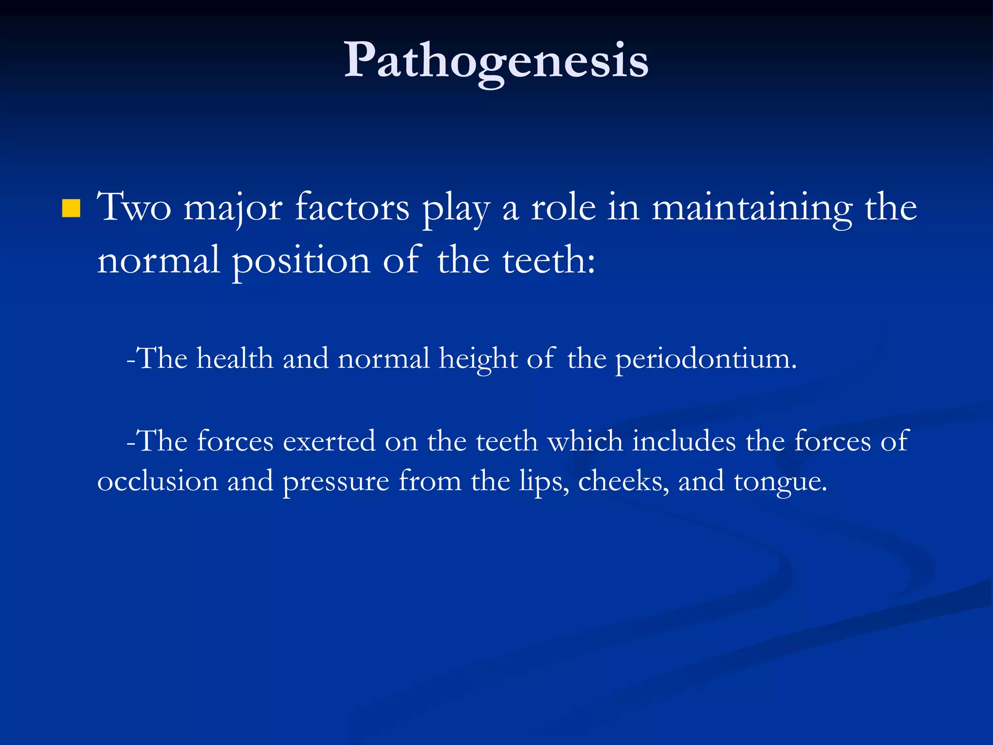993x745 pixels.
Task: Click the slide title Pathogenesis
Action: pyautogui.click(x=496, y=61)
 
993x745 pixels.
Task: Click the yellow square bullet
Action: pyautogui.click(x=71, y=209)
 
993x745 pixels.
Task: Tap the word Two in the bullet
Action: pyautogui.click(x=134, y=208)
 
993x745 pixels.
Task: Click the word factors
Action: pyautogui.click(x=352, y=208)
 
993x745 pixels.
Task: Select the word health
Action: pyautogui.click(x=235, y=359)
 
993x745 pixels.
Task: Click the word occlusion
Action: pyautogui.click(x=158, y=481)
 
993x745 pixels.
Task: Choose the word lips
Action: pyautogui.click(x=544, y=482)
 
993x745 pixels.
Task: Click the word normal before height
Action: pyautogui.click(x=384, y=359)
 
